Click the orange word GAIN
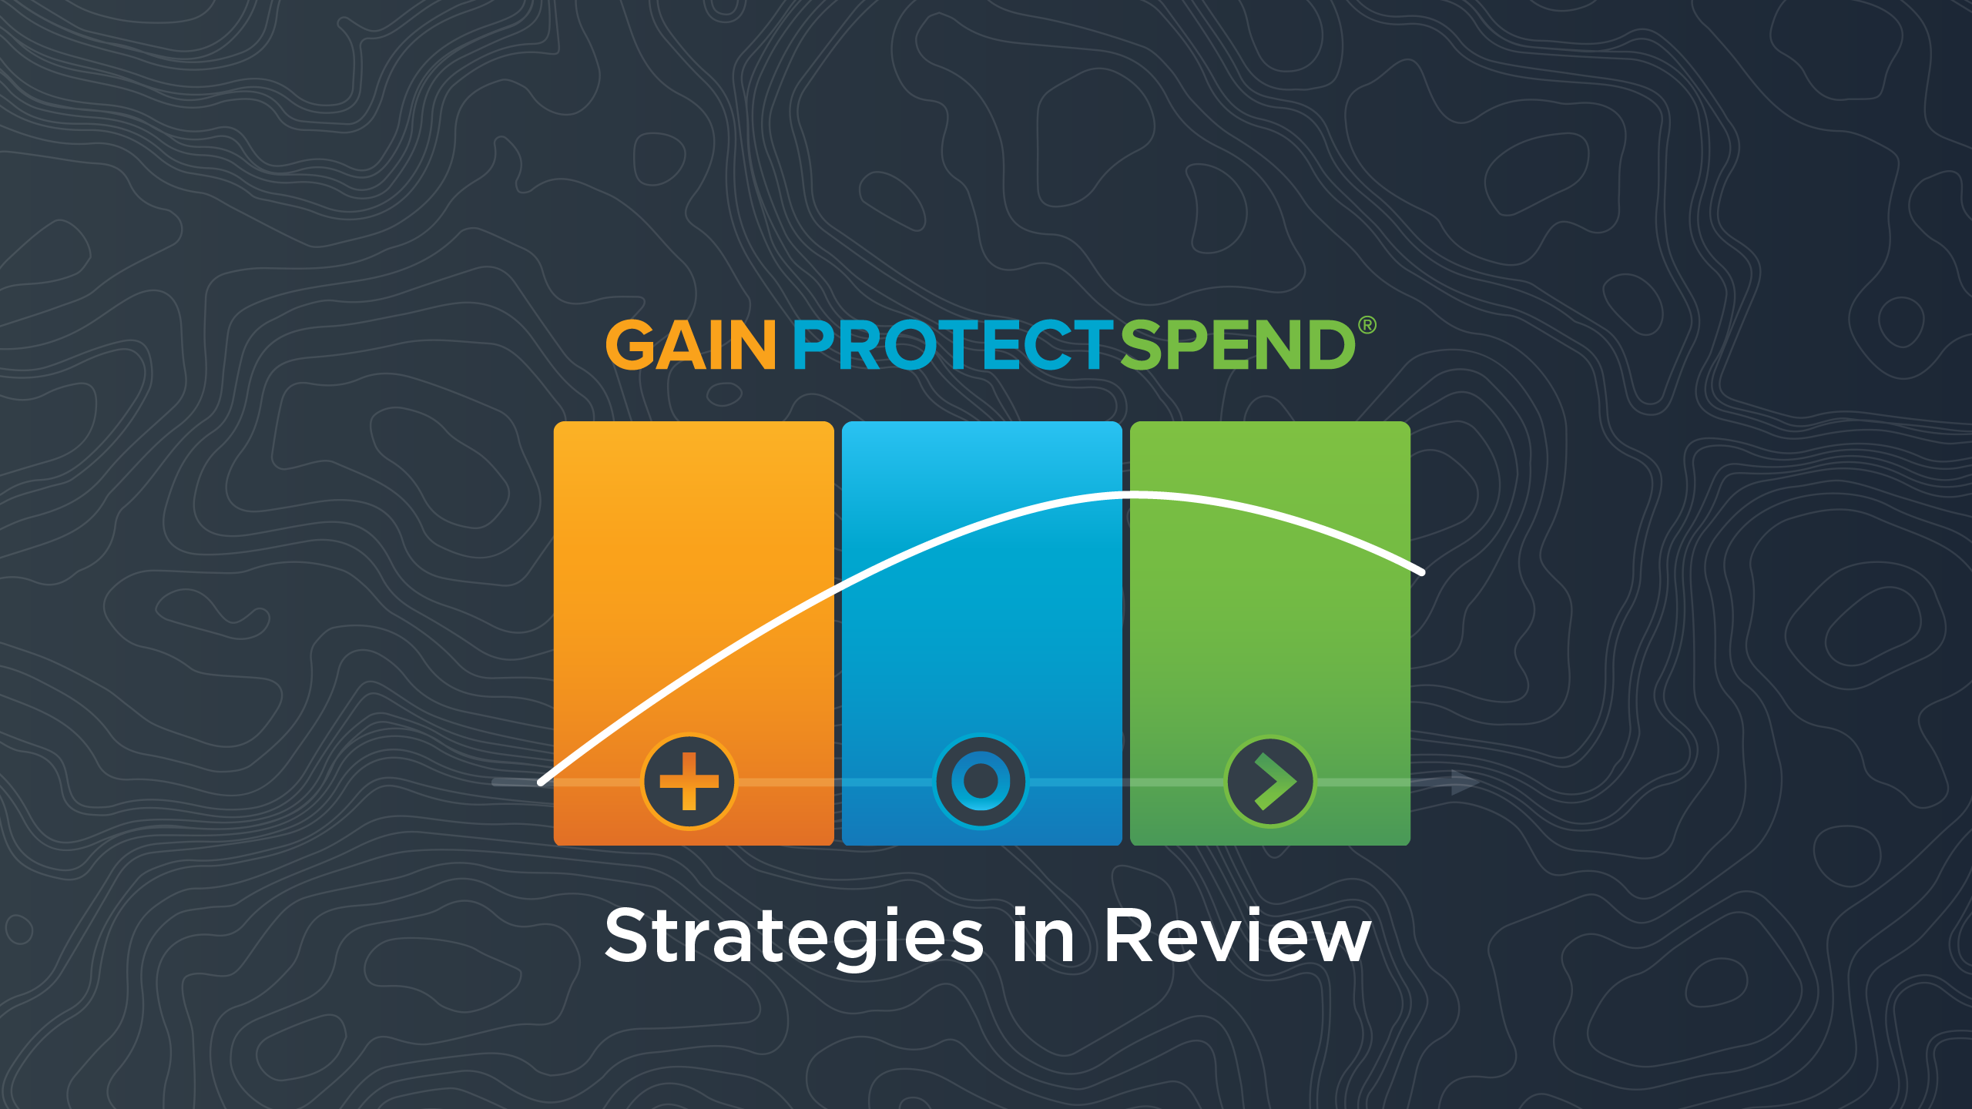pos(690,345)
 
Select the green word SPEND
pos(1238,345)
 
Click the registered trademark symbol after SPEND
pos(1367,325)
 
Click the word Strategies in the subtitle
pos(794,936)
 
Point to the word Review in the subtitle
pos(1237,935)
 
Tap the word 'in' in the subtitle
pos(1044,935)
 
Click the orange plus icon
pos(689,781)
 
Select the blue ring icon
pos(981,781)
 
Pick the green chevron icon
pos(1270,781)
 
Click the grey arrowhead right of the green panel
pos(1464,782)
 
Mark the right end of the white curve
pos(1421,571)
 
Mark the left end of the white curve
pos(542,782)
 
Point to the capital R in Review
pos(1129,935)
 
